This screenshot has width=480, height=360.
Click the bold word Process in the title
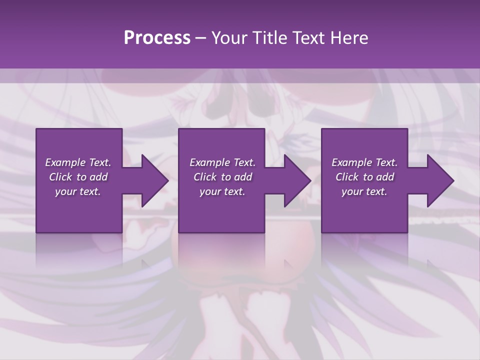157,38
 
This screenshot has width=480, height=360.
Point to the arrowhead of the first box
153,180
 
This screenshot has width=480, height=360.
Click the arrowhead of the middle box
296,180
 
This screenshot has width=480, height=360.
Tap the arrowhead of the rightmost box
439,180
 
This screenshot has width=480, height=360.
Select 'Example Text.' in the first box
78,162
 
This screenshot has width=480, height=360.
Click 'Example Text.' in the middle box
222,162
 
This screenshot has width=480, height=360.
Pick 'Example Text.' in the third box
364,162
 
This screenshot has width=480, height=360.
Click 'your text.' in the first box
78,191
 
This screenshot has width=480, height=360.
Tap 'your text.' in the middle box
222,191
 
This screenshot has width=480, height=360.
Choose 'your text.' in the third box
364,191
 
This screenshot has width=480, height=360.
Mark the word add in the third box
385,177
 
